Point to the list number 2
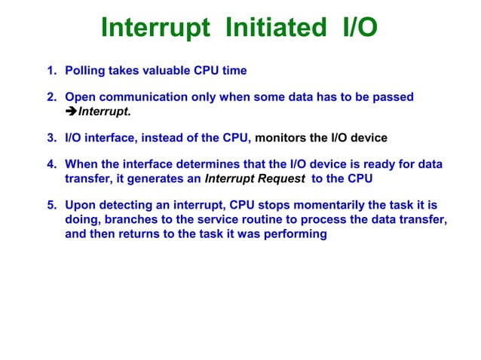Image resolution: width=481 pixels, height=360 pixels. (x=51, y=98)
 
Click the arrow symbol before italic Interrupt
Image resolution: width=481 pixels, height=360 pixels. (x=72, y=112)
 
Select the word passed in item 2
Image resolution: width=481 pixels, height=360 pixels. (x=394, y=98)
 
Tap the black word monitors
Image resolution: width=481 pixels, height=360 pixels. (x=282, y=138)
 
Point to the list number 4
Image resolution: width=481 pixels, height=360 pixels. (x=51, y=165)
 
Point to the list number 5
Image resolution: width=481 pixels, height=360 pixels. (x=51, y=206)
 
